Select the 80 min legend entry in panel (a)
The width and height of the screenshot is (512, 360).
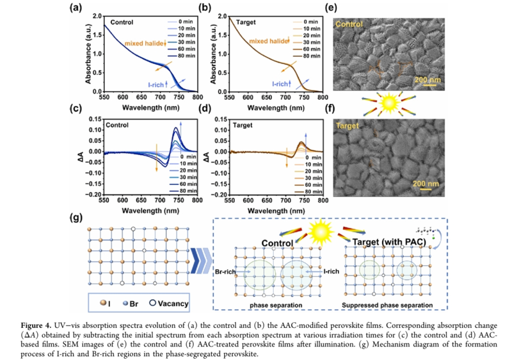184,56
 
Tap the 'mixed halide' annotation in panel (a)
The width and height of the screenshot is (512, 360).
147,43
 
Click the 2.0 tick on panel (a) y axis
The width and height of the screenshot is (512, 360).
95,15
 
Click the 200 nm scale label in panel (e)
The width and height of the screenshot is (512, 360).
426,79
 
